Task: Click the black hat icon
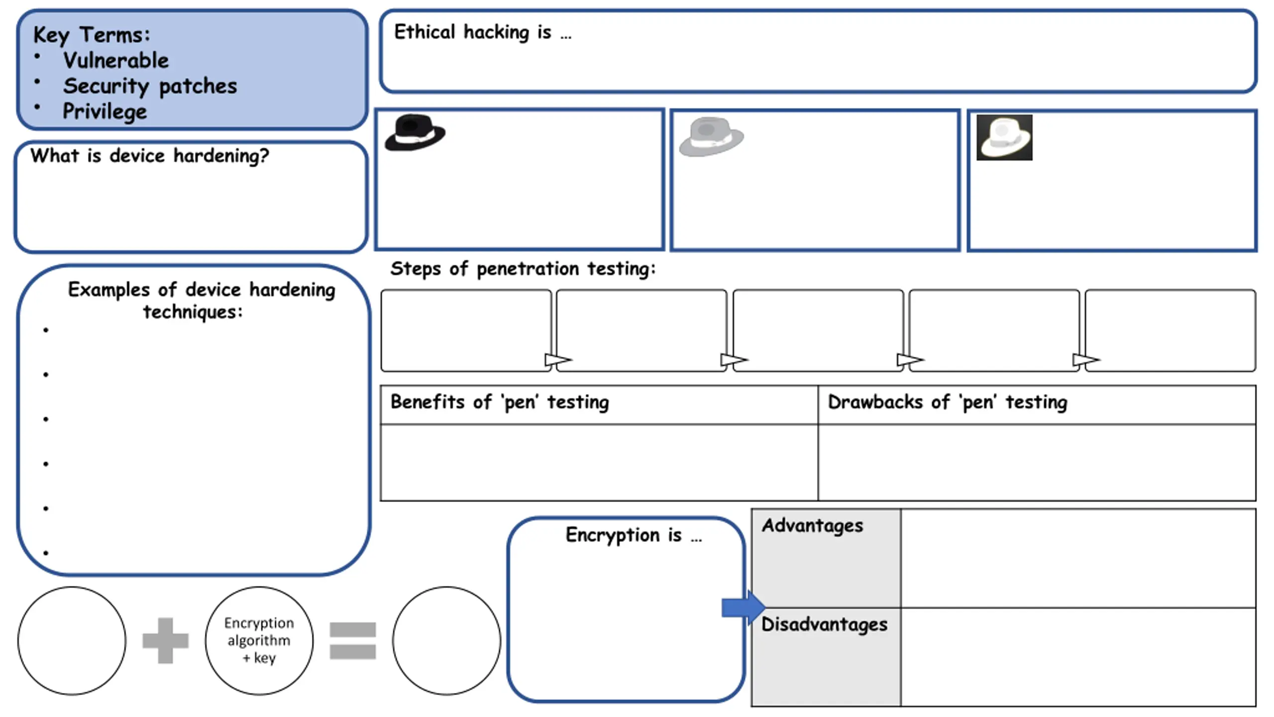(415, 132)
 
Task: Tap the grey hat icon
(711, 136)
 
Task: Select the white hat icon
(1004, 137)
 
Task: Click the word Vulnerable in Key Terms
(116, 60)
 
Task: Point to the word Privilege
(105, 111)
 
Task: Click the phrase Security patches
(150, 86)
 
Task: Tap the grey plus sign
(165, 640)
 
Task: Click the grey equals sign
(352, 640)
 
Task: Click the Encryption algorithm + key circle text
(259, 640)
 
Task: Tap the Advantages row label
(812, 526)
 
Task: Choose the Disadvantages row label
(824, 624)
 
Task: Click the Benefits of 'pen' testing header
(500, 402)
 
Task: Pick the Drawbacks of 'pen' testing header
(948, 402)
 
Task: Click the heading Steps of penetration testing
(523, 269)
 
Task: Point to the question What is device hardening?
(149, 156)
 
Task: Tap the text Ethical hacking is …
(483, 32)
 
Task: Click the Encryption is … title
(634, 535)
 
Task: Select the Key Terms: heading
(92, 35)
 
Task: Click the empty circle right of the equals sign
(446, 640)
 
